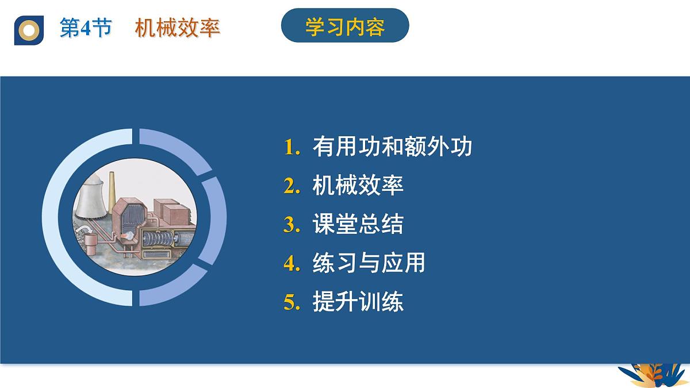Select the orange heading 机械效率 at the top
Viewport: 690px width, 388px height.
pos(178,28)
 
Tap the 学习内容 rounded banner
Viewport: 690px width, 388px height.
pos(345,27)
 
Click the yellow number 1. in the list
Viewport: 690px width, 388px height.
pos(292,147)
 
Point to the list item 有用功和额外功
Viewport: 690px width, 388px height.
pos(392,147)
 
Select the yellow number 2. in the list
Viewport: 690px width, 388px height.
pos(292,186)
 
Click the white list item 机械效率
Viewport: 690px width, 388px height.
pos(358,185)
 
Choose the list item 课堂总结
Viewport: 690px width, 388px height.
pos(358,224)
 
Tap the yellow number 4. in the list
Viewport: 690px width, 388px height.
pos(292,263)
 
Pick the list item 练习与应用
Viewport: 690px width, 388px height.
pos(369,263)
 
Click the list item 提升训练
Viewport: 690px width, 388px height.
pos(358,302)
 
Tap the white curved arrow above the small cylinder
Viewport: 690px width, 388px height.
pos(87,231)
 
